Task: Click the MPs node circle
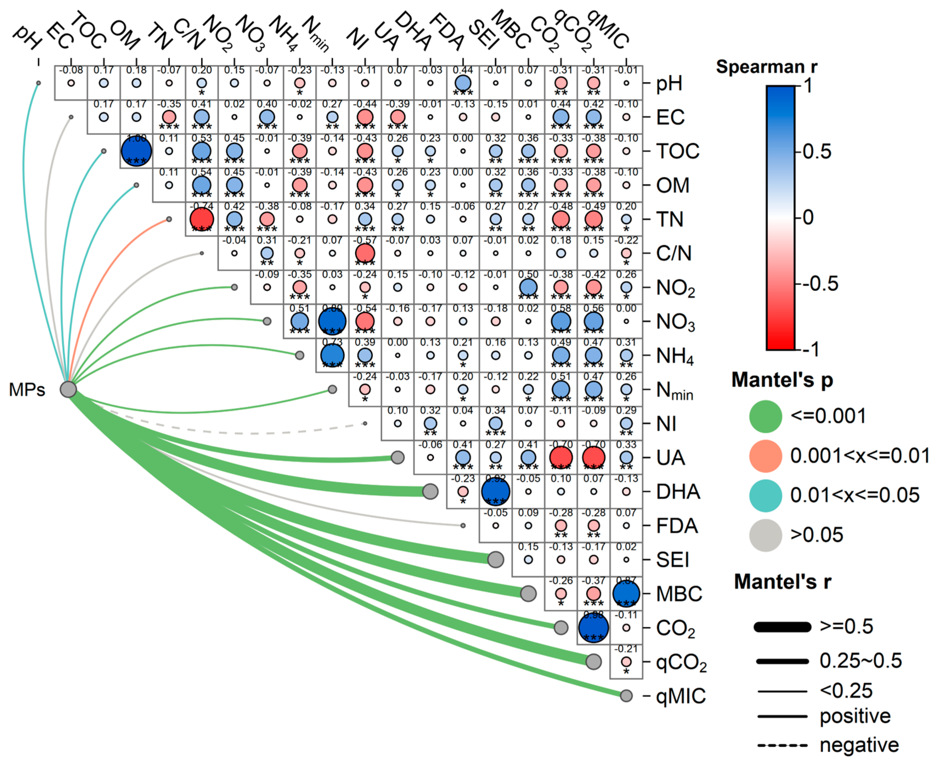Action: coord(68,389)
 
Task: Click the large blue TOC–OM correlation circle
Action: coord(136,151)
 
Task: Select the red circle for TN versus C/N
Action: coord(202,219)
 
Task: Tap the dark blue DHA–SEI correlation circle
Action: coord(495,491)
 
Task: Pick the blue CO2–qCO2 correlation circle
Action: coord(593,628)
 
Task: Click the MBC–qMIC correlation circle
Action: coord(626,594)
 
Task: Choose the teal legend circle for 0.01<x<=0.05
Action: coord(765,495)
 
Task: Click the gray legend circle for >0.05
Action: coord(765,535)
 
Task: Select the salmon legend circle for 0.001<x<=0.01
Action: coord(765,456)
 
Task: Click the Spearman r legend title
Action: coord(766,67)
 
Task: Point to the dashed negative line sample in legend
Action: coord(782,745)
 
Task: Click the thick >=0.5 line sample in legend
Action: coord(782,627)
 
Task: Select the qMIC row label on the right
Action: coord(681,696)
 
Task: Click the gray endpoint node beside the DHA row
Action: coord(430,491)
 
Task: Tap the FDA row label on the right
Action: coord(677,526)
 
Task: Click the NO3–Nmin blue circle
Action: coord(332,321)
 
